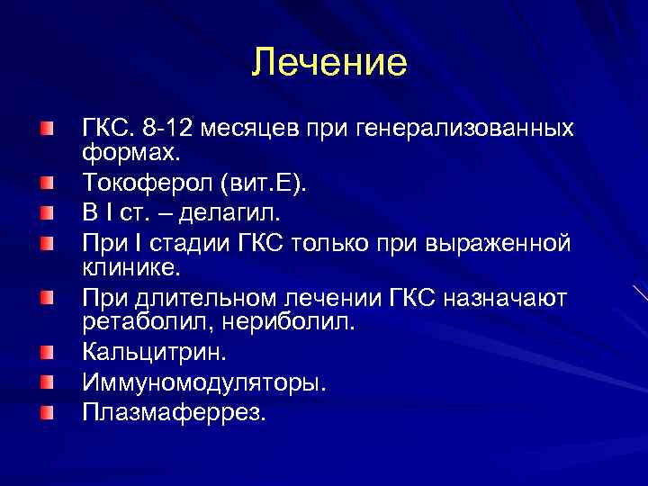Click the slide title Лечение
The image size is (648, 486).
pyautogui.click(x=329, y=62)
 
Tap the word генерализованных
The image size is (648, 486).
pyautogui.click(x=472, y=128)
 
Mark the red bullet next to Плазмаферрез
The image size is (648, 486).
pyautogui.click(x=46, y=412)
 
